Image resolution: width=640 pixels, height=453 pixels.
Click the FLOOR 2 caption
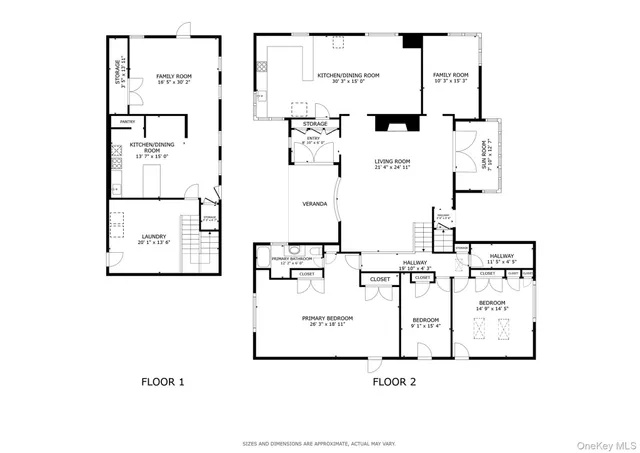pos(394,381)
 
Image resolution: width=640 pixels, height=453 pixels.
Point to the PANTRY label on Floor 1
pos(126,121)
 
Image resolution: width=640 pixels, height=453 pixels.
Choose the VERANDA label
pos(315,204)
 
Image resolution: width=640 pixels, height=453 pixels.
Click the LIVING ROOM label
pos(393,161)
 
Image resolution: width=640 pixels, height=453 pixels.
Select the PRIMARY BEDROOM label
pos(323,318)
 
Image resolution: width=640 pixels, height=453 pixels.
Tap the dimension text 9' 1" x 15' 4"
pos(425,326)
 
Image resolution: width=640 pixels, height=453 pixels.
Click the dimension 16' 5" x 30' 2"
pos(172,82)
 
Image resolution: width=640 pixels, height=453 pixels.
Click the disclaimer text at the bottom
pos(319,443)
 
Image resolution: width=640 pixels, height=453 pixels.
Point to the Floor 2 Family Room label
pos(450,75)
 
